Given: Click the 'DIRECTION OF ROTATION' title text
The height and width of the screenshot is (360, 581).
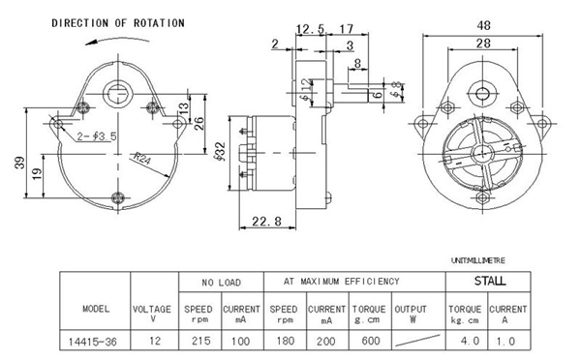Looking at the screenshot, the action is point(118,23).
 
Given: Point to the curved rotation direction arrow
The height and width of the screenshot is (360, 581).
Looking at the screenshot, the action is point(117,38).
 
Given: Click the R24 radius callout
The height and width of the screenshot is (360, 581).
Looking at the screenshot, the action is point(142,158).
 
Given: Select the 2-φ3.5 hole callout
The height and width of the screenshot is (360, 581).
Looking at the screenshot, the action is point(97,136).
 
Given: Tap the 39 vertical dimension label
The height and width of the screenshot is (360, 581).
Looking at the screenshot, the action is point(19,163).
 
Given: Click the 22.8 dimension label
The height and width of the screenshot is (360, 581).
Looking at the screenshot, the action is point(267,222).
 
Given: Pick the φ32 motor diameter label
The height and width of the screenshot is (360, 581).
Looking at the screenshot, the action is point(220,151).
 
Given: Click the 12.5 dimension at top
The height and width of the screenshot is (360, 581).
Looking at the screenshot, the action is point(310,28).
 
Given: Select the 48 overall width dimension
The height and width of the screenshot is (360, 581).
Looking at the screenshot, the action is point(483,25).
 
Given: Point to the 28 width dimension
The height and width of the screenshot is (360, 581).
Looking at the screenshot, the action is point(483,44).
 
